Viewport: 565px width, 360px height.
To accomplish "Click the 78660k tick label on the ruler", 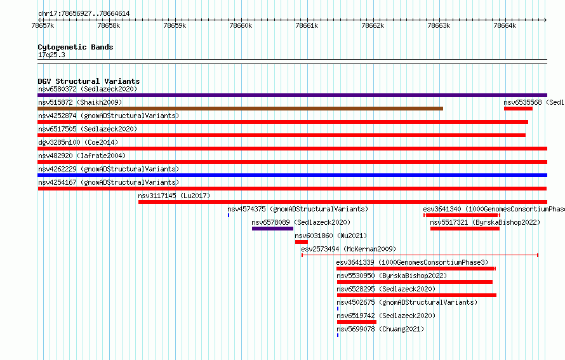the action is pos(241,25).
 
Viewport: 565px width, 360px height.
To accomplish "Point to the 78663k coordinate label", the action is pos(439,25).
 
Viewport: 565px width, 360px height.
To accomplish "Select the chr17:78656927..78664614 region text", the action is pos(84,14).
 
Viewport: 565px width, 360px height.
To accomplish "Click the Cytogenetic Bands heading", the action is pos(76,47).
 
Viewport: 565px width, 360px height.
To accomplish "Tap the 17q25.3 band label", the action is pos(51,55).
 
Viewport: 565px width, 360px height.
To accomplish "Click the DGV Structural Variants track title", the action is pos(89,81).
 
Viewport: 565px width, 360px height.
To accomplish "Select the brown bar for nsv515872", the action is pos(241,109).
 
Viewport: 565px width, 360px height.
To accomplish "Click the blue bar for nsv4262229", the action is pos(292,175).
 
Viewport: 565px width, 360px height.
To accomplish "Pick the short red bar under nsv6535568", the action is pos(518,109).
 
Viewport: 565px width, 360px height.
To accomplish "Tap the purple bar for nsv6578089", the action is pos(272,229).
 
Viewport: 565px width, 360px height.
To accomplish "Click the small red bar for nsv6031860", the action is pos(302,242).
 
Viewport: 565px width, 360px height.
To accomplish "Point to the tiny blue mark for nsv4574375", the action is pos(229,215).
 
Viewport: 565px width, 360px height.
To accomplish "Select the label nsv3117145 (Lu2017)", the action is pos(174,196).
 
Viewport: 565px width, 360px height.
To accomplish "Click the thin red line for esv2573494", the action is pos(420,255).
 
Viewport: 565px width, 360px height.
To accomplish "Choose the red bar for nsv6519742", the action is pos(357,322).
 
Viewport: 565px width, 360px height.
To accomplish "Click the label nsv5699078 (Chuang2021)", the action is pos(380,329).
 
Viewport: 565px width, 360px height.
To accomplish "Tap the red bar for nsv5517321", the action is pos(465,229).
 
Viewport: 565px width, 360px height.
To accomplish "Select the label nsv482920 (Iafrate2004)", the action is pos(82,156).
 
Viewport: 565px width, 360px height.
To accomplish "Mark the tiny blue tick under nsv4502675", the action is pos(338,309).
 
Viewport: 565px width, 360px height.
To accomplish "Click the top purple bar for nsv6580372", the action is pos(292,95).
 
